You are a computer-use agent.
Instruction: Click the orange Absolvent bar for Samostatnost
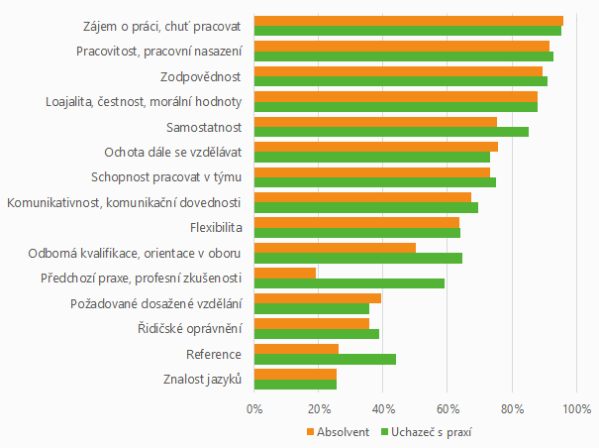375,122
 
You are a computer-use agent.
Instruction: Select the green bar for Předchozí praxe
349,283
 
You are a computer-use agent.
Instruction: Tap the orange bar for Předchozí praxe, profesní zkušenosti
285,273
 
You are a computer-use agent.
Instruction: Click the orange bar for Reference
296,348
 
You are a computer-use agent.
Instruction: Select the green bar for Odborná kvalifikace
358,258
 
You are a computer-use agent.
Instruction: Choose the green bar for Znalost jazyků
295,385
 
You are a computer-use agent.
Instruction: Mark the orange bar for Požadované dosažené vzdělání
318,298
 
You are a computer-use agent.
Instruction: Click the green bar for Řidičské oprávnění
317,334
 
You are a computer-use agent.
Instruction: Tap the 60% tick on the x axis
448,407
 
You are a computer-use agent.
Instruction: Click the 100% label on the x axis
576,407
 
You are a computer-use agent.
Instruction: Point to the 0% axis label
254,407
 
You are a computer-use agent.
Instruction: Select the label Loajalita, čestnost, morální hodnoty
144,101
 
